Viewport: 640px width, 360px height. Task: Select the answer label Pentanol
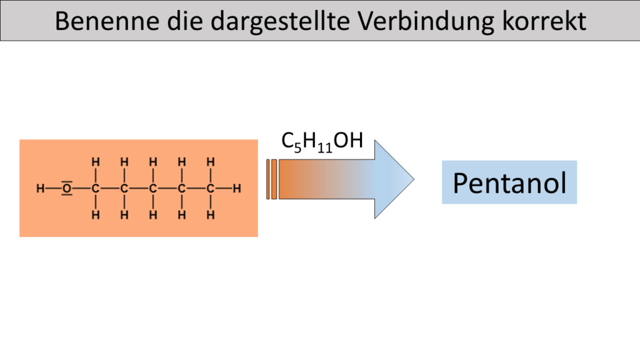509,182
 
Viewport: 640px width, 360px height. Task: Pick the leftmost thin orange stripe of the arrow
268,179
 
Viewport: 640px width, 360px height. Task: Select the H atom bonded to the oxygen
39,187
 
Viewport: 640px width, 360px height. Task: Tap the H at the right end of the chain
237,187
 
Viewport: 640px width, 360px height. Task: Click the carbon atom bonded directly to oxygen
96,187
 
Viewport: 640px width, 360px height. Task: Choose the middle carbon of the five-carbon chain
152,187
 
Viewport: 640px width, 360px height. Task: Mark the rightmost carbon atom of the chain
211,187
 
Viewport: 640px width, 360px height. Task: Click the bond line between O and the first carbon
82,187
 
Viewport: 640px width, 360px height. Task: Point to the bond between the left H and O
52,187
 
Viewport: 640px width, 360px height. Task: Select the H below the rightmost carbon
211,215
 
